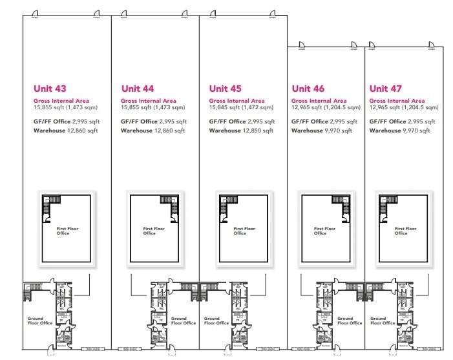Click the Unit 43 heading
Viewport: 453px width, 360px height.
pyautogui.click(x=50, y=89)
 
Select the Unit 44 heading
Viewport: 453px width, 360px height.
pyautogui.click(x=138, y=89)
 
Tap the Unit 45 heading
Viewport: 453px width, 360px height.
pyautogui.click(x=226, y=89)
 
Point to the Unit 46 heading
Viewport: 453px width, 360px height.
pyautogui.click(x=308, y=89)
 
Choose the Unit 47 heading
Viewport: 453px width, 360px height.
pyautogui.click(x=386, y=89)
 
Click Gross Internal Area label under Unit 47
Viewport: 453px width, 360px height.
pyautogui.click(x=397, y=101)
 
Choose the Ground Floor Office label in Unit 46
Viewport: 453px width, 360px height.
pyautogui.click(x=345, y=321)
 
